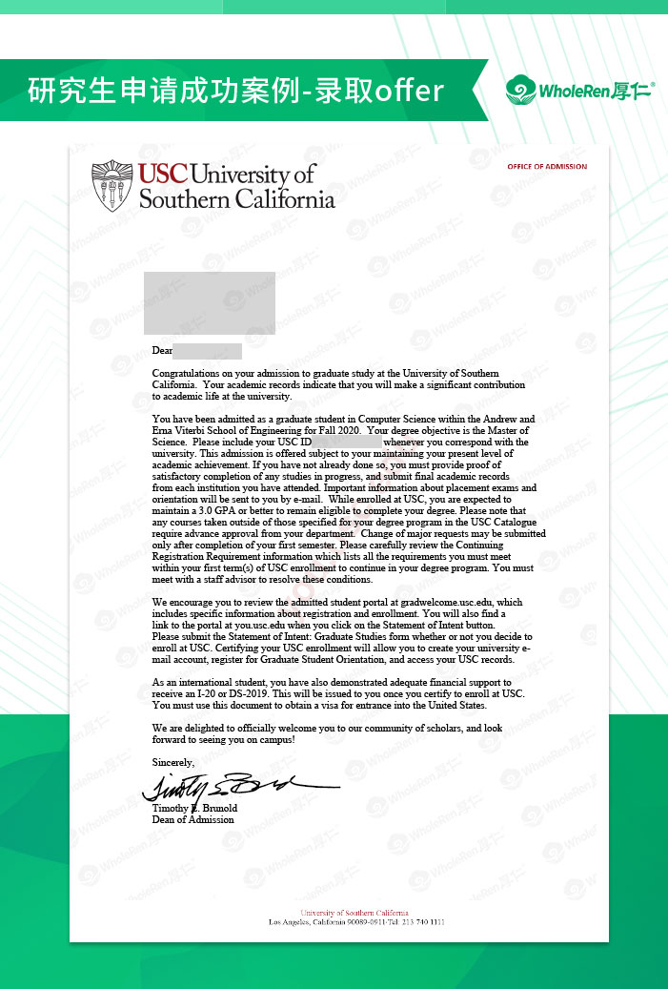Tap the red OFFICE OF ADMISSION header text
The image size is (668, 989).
tap(547, 167)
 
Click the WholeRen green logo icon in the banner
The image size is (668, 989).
tap(521, 91)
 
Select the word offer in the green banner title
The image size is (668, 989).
tap(410, 91)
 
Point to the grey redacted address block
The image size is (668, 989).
tap(210, 302)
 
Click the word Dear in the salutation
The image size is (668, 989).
tap(162, 352)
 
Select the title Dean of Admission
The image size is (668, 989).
tap(193, 819)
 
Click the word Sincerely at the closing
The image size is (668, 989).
tap(173, 762)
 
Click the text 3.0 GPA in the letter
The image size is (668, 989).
tap(212, 510)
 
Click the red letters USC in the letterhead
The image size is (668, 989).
tap(163, 175)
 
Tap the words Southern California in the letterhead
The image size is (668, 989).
tap(237, 199)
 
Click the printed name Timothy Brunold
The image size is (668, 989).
tap(194, 809)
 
